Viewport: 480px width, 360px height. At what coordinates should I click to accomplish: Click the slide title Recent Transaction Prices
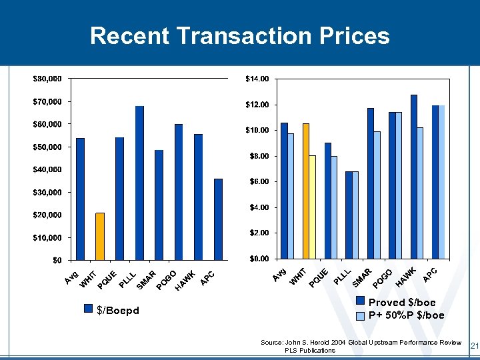[x=239, y=35]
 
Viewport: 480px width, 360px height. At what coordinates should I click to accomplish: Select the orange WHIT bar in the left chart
[x=100, y=236]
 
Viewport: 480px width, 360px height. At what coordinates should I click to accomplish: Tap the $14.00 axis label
[x=257, y=79]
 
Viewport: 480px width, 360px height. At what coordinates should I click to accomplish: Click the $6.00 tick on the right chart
[x=257, y=181]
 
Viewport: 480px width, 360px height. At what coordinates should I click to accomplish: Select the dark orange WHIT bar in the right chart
[x=306, y=191]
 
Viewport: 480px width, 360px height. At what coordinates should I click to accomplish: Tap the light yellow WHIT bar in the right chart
[x=312, y=207]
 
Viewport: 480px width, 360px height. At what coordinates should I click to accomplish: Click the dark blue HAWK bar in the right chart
[x=413, y=176]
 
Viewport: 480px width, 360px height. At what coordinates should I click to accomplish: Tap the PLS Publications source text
[x=310, y=350]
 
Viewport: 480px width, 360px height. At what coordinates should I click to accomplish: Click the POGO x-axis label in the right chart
[x=383, y=279]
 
